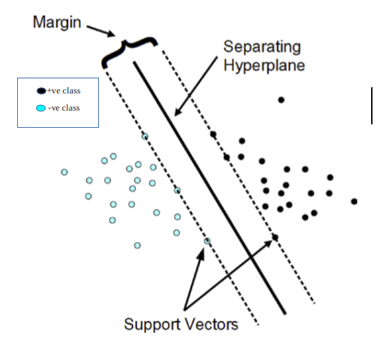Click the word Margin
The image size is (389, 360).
56,23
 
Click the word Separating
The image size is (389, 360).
262,47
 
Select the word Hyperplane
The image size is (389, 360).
264,67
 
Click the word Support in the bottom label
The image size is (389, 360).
153,324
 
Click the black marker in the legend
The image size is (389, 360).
41,91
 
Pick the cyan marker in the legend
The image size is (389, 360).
41,108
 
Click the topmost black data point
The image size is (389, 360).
281,100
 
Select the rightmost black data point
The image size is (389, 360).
354,201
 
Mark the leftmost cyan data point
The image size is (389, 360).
64,172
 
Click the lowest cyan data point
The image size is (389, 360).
137,245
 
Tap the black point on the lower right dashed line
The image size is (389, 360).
275,237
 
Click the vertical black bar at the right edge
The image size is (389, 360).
372,106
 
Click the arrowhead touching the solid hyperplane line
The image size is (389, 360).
175,114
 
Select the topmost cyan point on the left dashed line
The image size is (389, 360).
144,136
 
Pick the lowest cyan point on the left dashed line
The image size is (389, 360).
208,240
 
